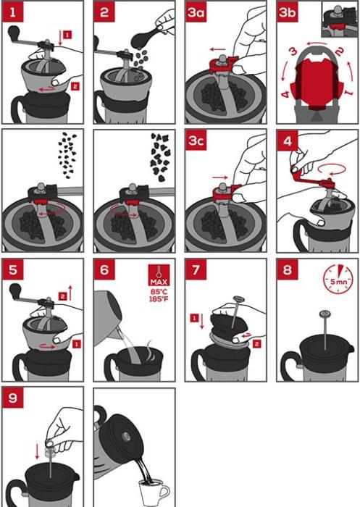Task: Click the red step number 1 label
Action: (x=13, y=12)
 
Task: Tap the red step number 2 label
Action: (x=104, y=12)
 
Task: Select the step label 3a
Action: (x=196, y=12)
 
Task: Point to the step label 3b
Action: (x=288, y=12)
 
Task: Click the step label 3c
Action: (x=196, y=141)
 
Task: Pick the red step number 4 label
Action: (x=288, y=141)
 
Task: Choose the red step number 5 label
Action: (x=13, y=269)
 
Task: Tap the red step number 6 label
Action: (x=104, y=269)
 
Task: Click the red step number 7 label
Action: (x=196, y=269)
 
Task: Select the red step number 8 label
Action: (x=288, y=269)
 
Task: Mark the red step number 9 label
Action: (x=13, y=398)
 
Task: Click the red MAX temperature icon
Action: (x=159, y=275)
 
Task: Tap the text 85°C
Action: (x=159, y=292)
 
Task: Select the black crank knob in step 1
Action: (x=14, y=32)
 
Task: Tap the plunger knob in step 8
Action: (x=325, y=313)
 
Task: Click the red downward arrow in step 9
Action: (x=37, y=451)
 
